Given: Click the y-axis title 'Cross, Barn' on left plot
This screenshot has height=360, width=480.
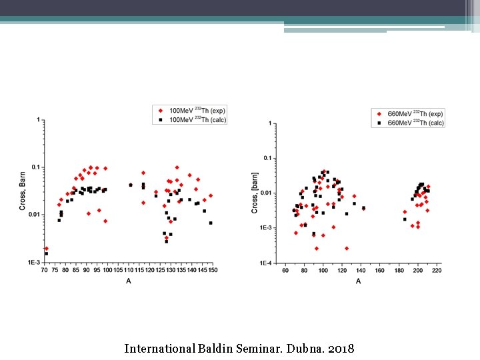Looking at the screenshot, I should click(x=23, y=191).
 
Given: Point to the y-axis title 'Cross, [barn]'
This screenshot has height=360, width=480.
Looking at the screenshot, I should click(x=254, y=194).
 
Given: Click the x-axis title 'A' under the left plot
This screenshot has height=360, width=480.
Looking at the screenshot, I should click(x=128, y=281).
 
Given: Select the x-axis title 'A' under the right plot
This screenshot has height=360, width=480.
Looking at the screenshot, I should click(x=358, y=281).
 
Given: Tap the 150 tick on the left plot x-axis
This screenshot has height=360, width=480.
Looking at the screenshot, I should click(x=213, y=270).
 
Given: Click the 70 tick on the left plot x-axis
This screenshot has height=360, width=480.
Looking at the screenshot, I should click(x=45, y=270).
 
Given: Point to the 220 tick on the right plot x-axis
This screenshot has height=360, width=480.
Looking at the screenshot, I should click(x=437, y=270).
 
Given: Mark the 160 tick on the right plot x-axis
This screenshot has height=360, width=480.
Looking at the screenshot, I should click(x=380, y=270).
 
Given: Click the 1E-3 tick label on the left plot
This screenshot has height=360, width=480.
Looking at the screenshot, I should click(x=34, y=263).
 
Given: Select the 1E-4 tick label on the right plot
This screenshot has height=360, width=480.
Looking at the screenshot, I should click(x=265, y=263).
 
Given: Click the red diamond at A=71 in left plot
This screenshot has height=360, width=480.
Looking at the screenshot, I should click(x=46, y=248).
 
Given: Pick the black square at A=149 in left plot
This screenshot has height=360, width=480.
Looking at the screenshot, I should click(x=211, y=223).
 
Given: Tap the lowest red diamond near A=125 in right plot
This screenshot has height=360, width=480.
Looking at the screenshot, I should click(x=347, y=248).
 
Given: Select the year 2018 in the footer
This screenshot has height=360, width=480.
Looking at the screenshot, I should click(x=341, y=348).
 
